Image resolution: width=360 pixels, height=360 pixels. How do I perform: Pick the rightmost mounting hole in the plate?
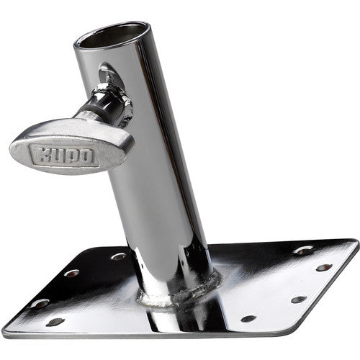point(325,268)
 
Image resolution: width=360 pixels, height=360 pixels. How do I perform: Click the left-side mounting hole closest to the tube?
point(119,256)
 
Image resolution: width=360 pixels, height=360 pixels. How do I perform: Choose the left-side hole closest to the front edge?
point(55,322)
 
